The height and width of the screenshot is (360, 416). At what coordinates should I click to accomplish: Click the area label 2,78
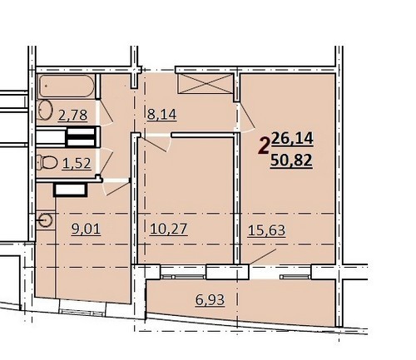click(x=72, y=116)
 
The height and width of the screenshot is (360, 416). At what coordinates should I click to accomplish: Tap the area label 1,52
click(x=77, y=164)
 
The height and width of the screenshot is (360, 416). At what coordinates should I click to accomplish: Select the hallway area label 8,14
click(x=161, y=114)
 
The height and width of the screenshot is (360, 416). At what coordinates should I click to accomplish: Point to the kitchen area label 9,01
click(x=86, y=229)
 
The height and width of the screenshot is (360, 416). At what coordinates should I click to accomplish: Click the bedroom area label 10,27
click(x=169, y=229)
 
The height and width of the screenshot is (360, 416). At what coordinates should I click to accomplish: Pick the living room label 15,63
click(x=266, y=230)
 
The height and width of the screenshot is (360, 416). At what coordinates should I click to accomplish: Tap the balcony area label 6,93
click(x=210, y=299)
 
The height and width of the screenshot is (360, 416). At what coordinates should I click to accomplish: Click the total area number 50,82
click(x=291, y=160)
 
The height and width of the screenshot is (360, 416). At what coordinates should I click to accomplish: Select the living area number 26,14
click(x=292, y=139)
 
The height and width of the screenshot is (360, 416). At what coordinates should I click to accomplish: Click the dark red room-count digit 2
click(x=264, y=146)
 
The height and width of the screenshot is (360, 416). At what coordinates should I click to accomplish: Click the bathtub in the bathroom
click(x=67, y=86)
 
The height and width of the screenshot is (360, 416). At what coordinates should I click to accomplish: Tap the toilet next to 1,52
click(x=47, y=162)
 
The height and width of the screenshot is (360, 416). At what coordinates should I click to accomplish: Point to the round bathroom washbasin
click(x=46, y=110)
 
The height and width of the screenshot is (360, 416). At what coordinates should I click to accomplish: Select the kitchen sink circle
click(x=46, y=220)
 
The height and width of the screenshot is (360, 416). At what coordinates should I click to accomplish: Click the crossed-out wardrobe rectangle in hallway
click(x=206, y=83)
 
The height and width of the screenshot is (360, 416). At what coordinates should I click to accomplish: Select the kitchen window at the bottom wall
click(x=82, y=311)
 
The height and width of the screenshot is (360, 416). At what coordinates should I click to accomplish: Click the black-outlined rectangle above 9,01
click(x=71, y=190)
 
